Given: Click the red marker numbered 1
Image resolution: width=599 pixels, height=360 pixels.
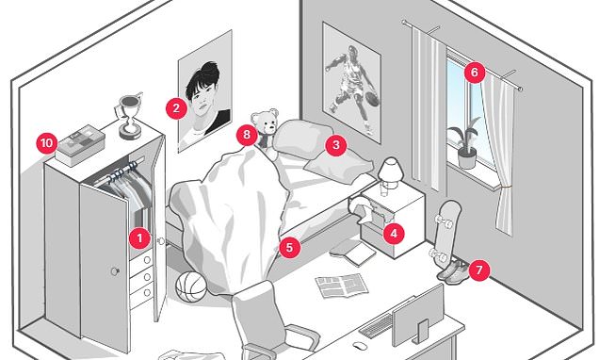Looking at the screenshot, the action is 139,238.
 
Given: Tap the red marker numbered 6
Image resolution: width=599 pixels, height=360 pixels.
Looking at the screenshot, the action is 475,72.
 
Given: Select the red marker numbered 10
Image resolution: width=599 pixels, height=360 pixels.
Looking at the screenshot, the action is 46,143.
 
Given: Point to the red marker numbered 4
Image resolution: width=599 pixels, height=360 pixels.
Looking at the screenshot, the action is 394,233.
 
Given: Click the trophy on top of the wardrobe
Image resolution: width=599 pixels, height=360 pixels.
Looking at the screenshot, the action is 129,115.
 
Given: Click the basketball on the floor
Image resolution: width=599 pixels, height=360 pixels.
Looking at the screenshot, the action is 191,286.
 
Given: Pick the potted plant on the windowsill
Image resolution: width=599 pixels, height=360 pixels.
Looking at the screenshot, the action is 465,143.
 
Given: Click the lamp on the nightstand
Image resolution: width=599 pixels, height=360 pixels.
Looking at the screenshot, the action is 390,174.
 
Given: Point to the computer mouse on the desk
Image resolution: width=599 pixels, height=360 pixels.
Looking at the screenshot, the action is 360,346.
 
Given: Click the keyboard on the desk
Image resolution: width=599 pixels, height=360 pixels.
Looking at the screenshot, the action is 377,325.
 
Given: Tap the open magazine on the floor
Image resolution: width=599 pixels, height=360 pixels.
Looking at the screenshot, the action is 342,286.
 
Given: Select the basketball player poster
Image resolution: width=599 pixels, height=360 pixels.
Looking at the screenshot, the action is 351,83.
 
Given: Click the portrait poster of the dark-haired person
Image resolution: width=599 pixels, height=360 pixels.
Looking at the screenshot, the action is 205,91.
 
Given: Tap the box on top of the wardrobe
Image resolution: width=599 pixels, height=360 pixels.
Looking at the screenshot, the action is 80,145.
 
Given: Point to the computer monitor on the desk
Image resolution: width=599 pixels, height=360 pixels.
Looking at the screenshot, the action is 418,316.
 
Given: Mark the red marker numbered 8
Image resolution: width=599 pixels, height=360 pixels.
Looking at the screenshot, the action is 247,135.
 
